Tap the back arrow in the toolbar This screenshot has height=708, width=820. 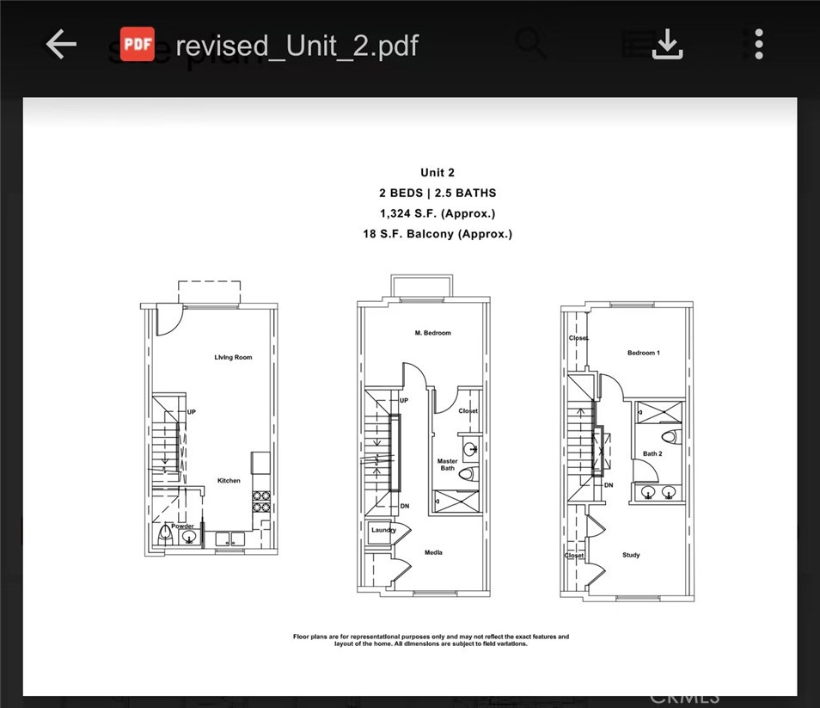61,45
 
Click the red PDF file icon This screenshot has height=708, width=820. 138,45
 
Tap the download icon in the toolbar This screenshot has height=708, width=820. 667,45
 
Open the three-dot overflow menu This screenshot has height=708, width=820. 758,45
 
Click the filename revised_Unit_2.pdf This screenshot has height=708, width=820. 297,45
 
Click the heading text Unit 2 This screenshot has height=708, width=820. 438,173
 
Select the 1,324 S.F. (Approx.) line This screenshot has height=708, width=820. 438,213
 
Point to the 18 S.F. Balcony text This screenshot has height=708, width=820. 438,234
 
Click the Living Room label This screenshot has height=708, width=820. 233,357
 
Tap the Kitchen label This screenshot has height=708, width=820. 229,481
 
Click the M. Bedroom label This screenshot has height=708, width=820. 432,333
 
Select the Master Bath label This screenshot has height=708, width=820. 447,465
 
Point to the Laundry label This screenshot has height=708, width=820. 383,531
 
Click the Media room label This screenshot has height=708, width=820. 433,552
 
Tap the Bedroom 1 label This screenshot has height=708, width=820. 643,354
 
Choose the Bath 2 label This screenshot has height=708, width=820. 652,453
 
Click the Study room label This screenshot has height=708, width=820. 631,555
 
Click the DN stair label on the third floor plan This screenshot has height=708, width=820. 609,485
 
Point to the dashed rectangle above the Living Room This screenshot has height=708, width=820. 209,291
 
